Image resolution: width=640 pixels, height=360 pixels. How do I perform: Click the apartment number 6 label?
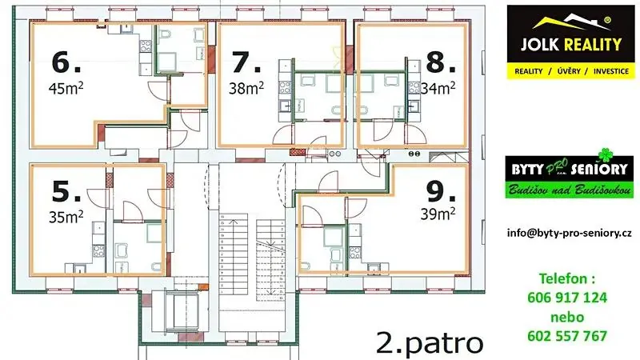pos(66,62)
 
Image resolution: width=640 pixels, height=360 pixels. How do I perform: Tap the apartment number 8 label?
pos(441,62)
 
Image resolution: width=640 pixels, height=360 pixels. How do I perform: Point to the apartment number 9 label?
pos(441,191)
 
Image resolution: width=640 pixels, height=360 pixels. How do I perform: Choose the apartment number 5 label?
pos(66,191)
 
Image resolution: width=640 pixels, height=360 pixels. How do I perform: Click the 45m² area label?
pos(66,88)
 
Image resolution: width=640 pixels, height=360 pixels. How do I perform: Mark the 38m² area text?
pos(246,88)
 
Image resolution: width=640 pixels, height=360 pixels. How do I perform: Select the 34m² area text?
pos(438,88)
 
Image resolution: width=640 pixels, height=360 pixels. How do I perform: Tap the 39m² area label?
pos(438,214)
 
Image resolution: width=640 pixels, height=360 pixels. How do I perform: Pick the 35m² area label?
pos(66,217)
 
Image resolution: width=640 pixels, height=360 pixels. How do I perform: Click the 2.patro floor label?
pos(430,344)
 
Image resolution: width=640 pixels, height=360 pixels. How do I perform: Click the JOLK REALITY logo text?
pos(571,44)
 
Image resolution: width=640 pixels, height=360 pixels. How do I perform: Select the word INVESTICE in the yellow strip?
pos(611,71)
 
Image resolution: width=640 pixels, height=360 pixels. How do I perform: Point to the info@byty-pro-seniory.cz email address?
pos(570,233)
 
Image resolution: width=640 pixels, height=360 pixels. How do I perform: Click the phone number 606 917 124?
pos(567,298)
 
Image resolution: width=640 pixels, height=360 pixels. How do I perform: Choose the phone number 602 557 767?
pos(567,336)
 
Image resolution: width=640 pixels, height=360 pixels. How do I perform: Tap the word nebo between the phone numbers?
pos(567,317)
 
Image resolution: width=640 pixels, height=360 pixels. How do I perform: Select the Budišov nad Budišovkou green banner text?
pos(570,190)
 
